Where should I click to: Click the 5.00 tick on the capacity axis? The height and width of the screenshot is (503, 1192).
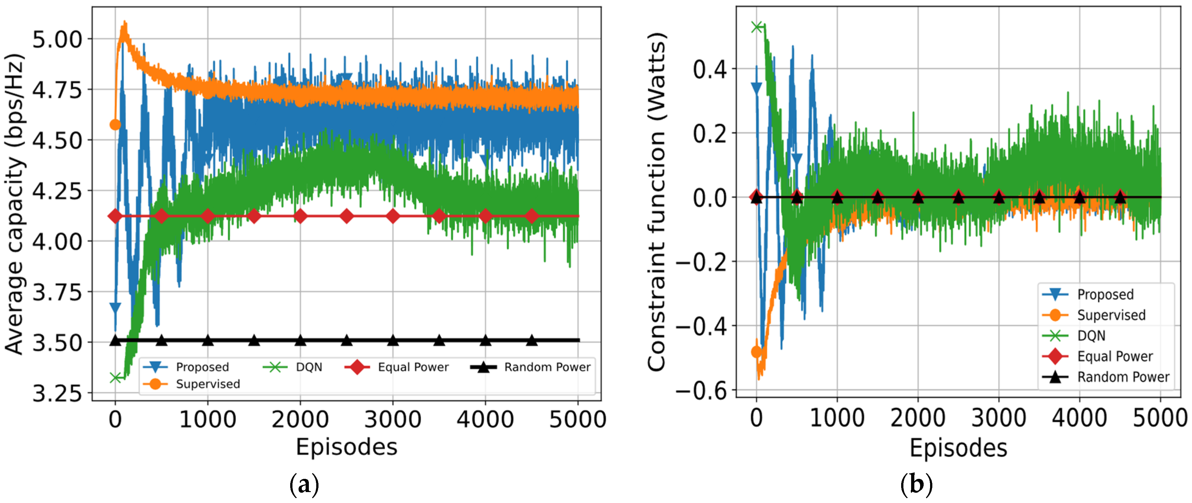pos(57,39)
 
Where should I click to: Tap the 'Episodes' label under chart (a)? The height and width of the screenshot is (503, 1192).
pos(346,447)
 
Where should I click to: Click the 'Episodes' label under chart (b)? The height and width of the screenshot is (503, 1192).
pos(958,448)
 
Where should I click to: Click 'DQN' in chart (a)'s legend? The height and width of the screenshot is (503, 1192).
pos(309,367)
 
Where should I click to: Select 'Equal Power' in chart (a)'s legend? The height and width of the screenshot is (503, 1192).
pos(413,367)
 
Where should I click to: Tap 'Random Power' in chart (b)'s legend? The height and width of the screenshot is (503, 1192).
pos(1123,377)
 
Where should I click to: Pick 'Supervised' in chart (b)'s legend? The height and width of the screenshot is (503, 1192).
pos(1111,315)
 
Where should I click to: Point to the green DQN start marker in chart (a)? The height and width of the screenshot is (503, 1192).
pos(116,378)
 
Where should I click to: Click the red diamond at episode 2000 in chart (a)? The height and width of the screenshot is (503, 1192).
pos(300,216)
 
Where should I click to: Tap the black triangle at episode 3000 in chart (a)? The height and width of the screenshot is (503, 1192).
pos(392,341)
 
